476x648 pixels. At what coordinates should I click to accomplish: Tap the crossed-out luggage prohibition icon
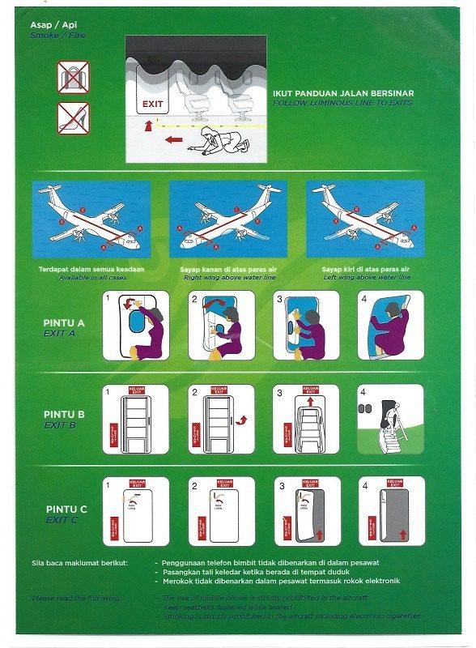coord(73,78)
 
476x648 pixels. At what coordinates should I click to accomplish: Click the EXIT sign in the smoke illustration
coord(152,104)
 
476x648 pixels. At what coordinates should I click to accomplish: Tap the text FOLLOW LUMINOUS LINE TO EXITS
coord(342,103)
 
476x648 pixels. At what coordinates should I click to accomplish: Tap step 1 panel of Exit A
coord(135,326)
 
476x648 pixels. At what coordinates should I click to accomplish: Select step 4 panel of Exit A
coord(389,326)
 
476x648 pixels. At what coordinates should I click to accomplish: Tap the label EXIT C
coord(62,519)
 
